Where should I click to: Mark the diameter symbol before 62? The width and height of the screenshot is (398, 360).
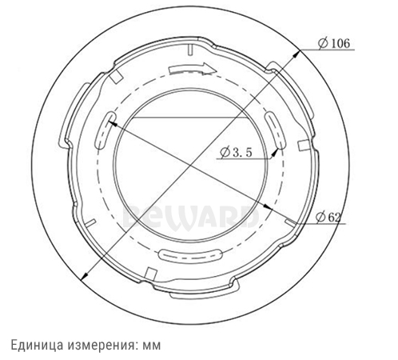(x=320, y=216)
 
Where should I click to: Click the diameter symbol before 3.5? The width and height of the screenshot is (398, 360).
(x=224, y=156)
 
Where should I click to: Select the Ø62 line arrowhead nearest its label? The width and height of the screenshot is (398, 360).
(x=288, y=214)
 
